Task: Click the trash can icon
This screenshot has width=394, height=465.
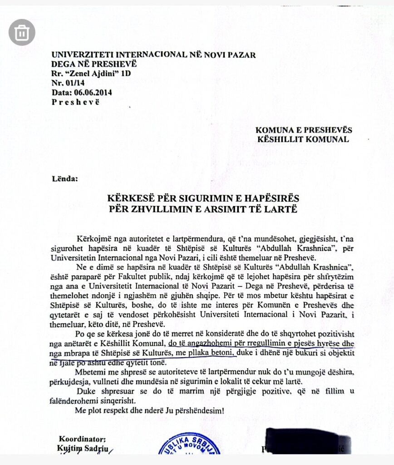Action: [21, 32]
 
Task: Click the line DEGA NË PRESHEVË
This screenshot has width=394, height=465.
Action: [94, 64]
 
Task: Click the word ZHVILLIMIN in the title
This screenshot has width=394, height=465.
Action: [162, 209]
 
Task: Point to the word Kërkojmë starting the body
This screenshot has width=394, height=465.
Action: [94, 239]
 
